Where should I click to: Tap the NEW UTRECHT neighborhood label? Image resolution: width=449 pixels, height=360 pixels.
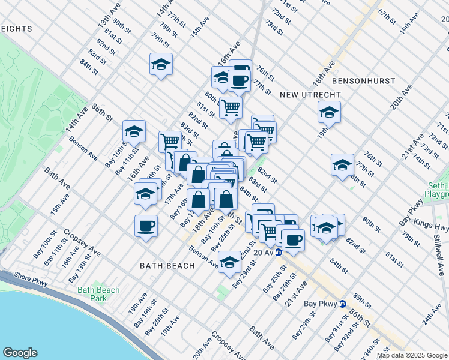point(310,95)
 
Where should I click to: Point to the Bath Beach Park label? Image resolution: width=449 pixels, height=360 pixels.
point(98,294)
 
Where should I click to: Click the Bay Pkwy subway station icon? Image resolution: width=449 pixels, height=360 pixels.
point(342,304)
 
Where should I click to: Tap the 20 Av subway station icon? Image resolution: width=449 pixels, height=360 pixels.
point(279,253)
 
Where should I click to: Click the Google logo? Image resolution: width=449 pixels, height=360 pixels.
point(20,353)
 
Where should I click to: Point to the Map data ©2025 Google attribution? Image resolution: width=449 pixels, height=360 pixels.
point(412,355)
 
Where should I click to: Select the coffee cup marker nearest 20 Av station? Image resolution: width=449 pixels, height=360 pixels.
point(293,240)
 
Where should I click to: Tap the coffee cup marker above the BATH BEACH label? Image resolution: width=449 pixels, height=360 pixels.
point(146,226)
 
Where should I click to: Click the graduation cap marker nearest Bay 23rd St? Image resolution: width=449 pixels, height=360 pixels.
point(229,262)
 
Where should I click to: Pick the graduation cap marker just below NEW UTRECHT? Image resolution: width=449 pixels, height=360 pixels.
point(329,112)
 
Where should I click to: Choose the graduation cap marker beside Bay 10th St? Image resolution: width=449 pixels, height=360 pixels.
point(134,131)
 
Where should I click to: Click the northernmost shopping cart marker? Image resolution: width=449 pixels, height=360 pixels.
point(231,108)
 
